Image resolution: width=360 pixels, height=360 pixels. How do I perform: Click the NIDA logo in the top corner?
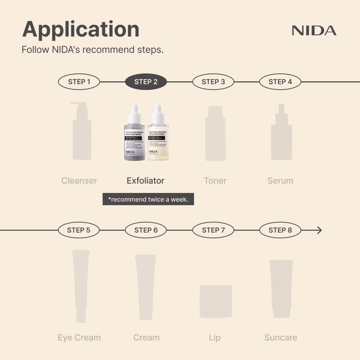point(314,31)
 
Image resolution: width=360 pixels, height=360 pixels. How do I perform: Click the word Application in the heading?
point(81,30)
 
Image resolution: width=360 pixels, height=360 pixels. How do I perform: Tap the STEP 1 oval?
point(79,82)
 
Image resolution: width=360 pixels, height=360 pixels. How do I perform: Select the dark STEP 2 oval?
point(146,82)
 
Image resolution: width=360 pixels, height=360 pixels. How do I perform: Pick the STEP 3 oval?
point(213,82)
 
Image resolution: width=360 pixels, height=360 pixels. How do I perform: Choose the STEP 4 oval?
point(280,82)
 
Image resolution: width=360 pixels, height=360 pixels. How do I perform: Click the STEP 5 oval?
point(78,230)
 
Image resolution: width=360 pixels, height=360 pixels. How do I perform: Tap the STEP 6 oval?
point(146,230)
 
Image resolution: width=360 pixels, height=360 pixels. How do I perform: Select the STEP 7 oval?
point(213,230)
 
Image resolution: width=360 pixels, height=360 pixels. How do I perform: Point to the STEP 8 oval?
point(280,230)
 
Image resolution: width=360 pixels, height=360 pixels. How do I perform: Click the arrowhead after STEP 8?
point(319,230)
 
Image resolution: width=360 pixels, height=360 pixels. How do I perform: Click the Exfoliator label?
point(145,181)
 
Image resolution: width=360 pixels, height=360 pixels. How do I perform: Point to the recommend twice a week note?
point(148,199)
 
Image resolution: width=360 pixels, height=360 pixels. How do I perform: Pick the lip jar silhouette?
point(216,301)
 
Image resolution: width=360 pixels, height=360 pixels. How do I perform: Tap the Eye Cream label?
point(79,338)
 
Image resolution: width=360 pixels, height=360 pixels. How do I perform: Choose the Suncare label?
point(280,338)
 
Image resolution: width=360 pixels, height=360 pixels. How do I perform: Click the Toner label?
point(215,181)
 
